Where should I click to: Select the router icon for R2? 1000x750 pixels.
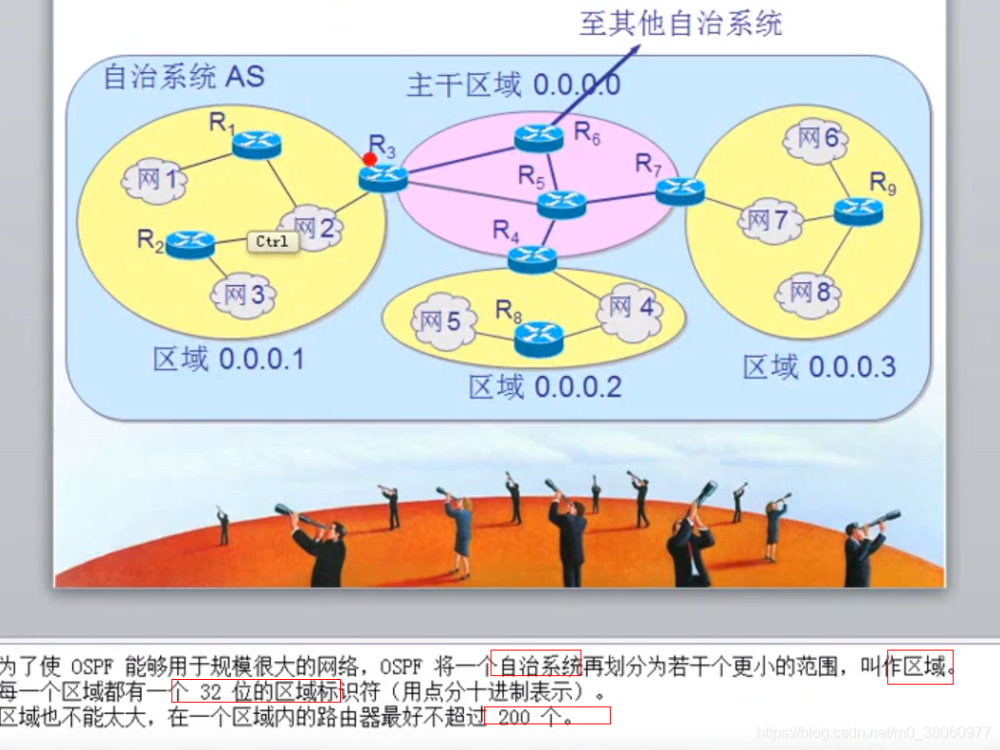pyautogui.click(x=189, y=244)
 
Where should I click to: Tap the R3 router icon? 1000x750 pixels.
pyautogui.click(x=384, y=177)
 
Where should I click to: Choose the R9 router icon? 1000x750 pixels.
pyautogui.click(x=859, y=211)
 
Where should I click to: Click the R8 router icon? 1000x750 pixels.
pyautogui.click(x=539, y=335)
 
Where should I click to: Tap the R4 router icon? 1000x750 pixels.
pyautogui.click(x=532, y=258)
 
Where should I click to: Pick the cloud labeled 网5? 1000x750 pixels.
pyautogui.click(x=441, y=323)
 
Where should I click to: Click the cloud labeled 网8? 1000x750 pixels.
pyautogui.click(x=810, y=293)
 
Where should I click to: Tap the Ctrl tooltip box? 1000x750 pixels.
pyautogui.click(x=272, y=241)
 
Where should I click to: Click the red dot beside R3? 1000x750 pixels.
pyautogui.click(x=370, y=159)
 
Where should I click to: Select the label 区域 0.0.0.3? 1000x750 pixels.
pyautogui.click(x=819, y=367)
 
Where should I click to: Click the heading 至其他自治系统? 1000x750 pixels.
pyautogui.click(x=681, y=24)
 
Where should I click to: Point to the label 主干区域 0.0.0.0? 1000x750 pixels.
pyautogui.click(x=514, y=85)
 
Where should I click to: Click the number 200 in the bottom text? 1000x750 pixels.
pyautogui.click(x=513, y=717)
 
